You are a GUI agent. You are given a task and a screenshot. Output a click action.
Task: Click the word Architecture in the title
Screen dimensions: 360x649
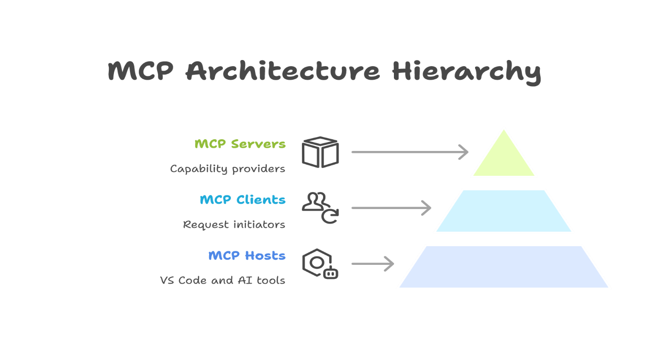pos(282,71)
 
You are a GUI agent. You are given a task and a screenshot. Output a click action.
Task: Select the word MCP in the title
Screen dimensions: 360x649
pos(141,71)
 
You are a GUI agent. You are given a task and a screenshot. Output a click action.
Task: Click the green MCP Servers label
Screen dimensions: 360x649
pos(240,144)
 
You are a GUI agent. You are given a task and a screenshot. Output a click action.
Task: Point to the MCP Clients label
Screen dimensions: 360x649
pos(242,200)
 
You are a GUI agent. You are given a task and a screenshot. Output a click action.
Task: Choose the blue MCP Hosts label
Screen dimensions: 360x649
pos(247,255)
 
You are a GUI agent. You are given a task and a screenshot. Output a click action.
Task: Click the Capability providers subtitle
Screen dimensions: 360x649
pos(227,169)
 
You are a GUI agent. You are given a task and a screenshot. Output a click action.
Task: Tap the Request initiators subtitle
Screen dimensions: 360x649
pos(234,225)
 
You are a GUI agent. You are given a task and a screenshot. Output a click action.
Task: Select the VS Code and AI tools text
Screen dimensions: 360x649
pos(222,280)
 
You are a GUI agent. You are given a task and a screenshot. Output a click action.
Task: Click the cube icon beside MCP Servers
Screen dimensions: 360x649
pos(320,152)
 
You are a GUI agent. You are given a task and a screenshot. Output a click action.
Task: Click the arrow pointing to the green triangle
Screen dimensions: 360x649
pos(409,152)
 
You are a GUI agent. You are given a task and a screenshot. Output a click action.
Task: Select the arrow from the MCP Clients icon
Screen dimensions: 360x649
pos(391,208)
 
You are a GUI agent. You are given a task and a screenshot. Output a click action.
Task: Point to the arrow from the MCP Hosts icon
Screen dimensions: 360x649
pos(372,264)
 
